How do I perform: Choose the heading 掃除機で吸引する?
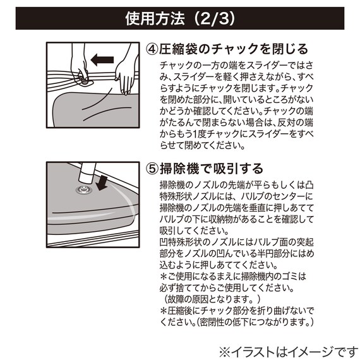click(219, 169)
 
